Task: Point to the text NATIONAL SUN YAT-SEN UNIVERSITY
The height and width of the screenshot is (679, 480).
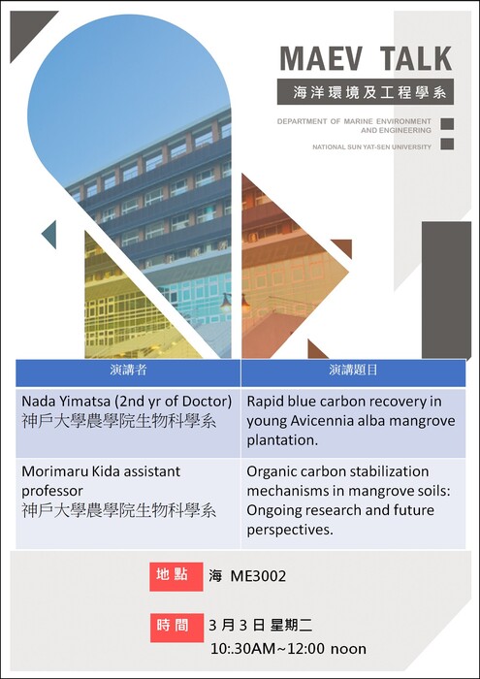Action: (371, 147)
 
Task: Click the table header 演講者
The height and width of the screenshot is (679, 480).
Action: (128, 371)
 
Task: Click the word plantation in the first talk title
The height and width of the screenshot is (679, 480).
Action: (282, 439)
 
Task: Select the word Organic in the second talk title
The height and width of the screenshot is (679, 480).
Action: (273, 470)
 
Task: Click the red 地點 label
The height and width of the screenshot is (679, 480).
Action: (175, 575)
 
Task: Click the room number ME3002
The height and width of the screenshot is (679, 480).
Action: (258, 576)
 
